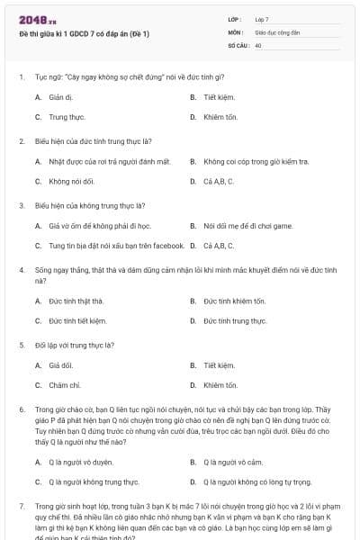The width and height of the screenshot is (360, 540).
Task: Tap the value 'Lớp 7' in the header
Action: pyautogui.click(x=262, y=19)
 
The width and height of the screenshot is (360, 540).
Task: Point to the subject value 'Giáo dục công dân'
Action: pyautogui.click(x=275, y=31)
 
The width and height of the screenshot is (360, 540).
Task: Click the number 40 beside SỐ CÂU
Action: pyautogui.click(x=258, y=44)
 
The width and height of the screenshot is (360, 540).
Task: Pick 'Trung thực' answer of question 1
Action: pyautogui.click(x=66, y=117)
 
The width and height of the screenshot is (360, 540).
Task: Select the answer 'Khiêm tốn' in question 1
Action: pyautogui.click(x=220, y=117)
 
